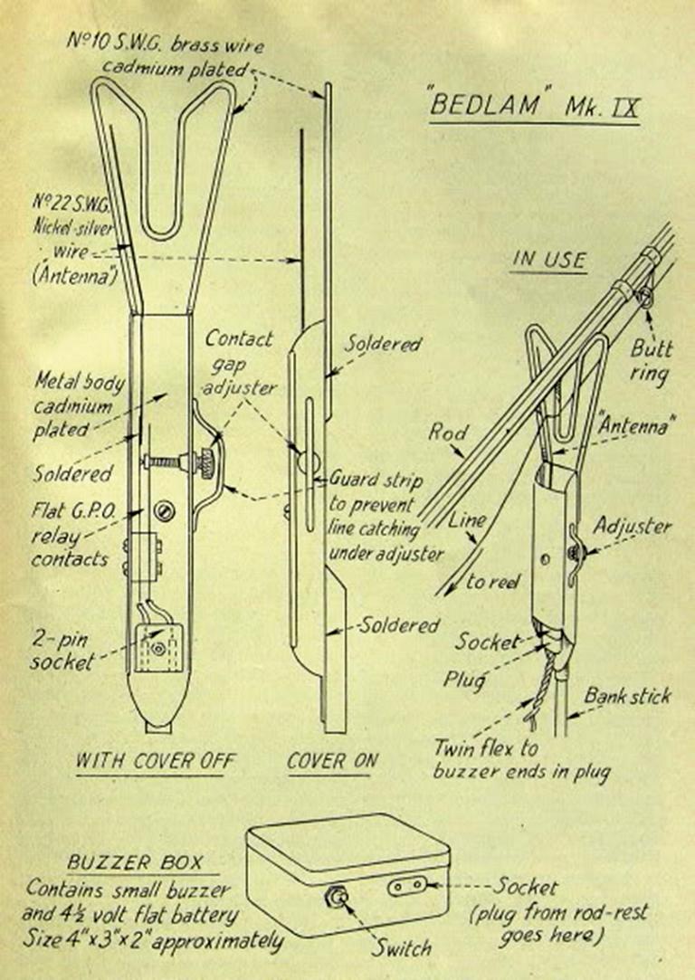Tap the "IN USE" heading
click(x=548, y=260)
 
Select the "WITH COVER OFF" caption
click(x=155, y=759)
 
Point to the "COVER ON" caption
click(x=332, y=760)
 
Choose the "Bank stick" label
click(x=627, y=696)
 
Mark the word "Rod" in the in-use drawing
click(x=446, y=433)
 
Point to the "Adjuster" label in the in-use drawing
click(x=633, y=527)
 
